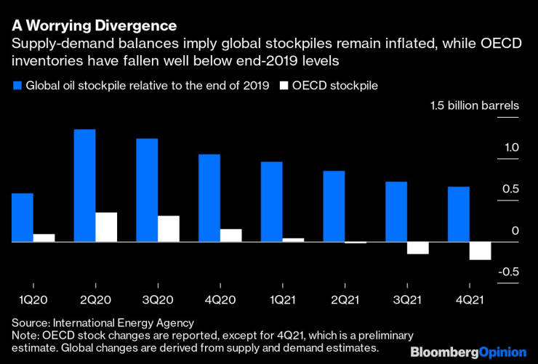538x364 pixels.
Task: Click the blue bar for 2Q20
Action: point(85,185)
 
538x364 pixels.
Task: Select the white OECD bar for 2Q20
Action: point(106,227)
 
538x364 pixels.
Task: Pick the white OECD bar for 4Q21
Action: point(480,250)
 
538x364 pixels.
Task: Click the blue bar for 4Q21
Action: point(459,214)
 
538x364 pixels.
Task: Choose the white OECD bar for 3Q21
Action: point(417,248)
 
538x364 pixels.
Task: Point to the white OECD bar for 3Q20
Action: point(169,228)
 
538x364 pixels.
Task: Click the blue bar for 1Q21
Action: point(272,201)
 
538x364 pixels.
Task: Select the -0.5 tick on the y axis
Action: point(507,272)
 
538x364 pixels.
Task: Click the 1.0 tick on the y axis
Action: point(509,148)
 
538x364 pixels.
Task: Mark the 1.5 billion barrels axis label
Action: point(474,106)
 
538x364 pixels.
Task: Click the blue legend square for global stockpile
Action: point(17,86)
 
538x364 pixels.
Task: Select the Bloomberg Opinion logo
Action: point(468,352)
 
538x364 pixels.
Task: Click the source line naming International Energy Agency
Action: point(103,322)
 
